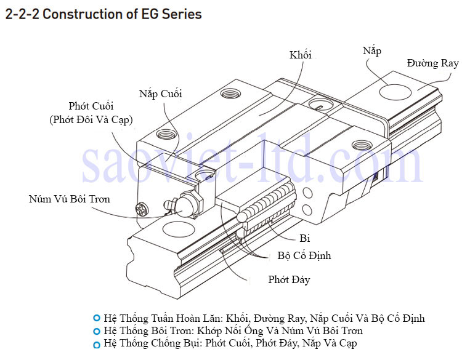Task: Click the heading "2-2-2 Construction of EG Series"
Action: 103,13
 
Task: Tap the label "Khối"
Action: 301,55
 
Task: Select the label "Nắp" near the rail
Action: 371,51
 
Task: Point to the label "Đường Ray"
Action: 432,63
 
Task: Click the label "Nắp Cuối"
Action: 160,94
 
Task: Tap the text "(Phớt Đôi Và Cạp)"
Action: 91,119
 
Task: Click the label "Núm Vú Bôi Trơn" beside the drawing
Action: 70,199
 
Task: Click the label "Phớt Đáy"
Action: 289,280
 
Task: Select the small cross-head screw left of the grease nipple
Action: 141,210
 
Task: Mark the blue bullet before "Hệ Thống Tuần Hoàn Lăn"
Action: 96,318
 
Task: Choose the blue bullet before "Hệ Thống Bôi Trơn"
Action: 96,331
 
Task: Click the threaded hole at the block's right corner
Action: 359,146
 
